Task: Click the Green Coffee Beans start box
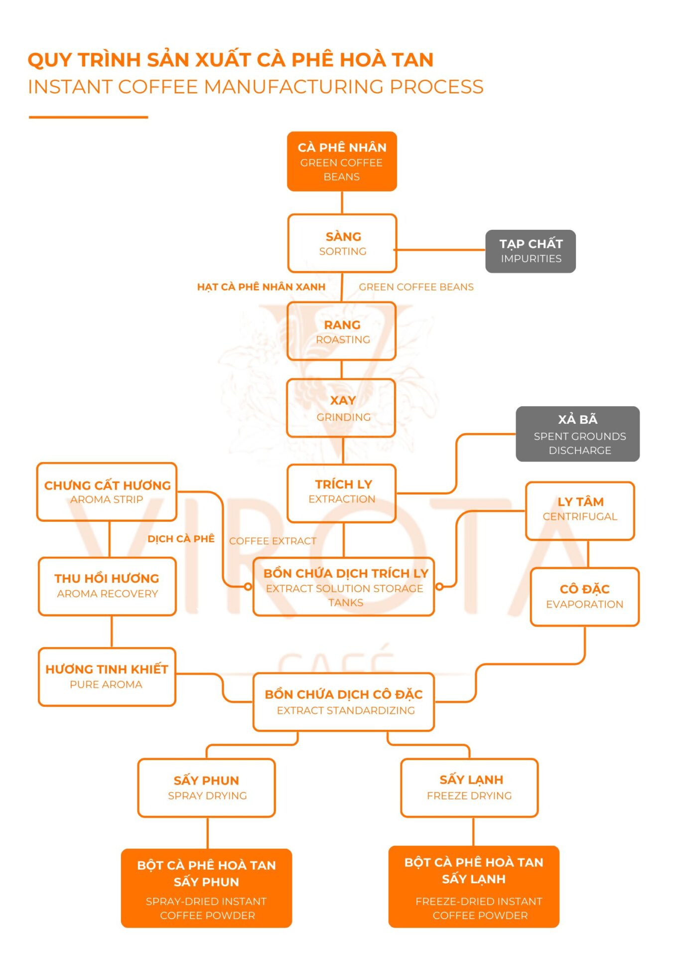click(342, 161)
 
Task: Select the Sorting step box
click(342, 243)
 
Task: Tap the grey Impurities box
click(531, 251)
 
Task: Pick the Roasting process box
click(342, 331)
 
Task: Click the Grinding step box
click(341, 408)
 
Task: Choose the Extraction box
click(342, 493)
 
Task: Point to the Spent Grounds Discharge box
click(577, 434)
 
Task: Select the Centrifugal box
click(580, 510)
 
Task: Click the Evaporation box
click(584, 597)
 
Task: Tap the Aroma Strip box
click(107, 492)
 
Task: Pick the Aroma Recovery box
click(107, 586)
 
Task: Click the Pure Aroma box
click(107, 676)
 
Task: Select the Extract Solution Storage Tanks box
click(344, 587)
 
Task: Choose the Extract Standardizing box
click(344, 702)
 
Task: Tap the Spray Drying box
click(207, 788)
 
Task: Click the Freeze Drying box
click(469, 788)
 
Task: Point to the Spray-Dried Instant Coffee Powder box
click(206, 888)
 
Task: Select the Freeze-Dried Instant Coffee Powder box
click(474, 886)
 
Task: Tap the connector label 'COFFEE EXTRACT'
click(272, 541)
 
